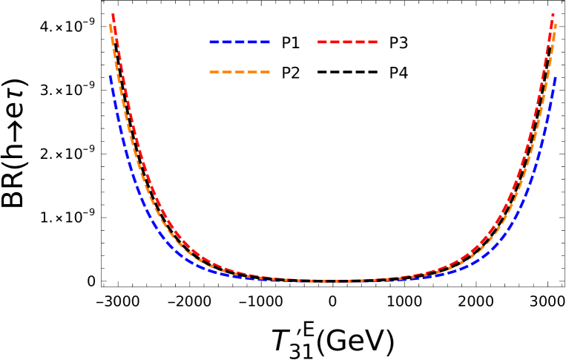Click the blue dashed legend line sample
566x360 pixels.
coord(239,42)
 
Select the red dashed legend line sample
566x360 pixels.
coord(347,42)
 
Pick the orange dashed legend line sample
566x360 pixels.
coord(239,72)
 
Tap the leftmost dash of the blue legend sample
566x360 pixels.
coord(214,42)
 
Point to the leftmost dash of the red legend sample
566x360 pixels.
coord(322,42)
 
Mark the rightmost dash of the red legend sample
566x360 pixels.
coord(372,42)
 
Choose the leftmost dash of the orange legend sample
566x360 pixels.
coord(214,72)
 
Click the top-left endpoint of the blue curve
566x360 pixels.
coord(111,76)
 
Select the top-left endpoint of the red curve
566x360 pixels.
coord(113,14)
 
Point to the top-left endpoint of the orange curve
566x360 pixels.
coord(110,25)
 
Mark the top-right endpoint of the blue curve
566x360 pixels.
coord(555,77)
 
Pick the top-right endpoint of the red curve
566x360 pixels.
coord(553,14)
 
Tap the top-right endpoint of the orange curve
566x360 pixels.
coord(555,26)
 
